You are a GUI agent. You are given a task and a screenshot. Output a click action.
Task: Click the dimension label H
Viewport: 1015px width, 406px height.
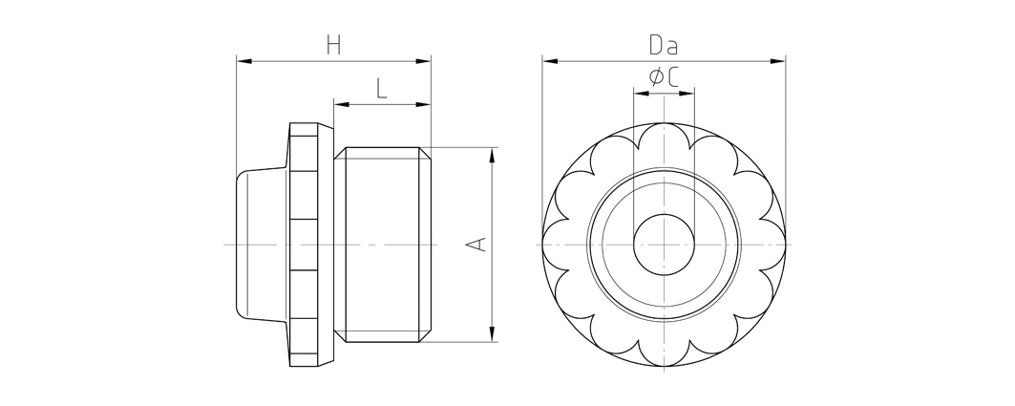coord(333,45)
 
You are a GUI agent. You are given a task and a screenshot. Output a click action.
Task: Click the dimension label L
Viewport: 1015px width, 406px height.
coord(381,88)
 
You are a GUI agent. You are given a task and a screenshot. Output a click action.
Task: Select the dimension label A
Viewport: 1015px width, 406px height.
coord(477,245)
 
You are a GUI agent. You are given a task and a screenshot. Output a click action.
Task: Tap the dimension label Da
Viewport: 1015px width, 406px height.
coord(664,45)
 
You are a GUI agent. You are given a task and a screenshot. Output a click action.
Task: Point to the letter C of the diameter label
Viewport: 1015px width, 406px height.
coord(672,77)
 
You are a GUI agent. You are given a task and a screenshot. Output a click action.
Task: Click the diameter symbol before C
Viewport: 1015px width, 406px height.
coord(656,77)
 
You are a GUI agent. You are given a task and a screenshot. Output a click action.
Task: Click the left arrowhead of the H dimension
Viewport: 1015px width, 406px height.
coord(244,61)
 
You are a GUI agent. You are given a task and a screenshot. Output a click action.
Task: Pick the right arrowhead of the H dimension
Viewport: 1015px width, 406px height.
coord(423,61)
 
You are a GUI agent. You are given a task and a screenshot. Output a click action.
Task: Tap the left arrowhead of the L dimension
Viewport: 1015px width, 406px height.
coord(342,104)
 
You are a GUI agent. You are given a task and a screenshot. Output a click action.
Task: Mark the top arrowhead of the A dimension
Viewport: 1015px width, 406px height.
coord(493,156)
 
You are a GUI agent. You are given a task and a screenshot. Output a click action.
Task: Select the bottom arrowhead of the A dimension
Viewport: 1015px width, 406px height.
coord(493,334)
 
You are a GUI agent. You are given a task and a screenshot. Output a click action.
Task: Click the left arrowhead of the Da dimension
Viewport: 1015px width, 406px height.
coord(550,61)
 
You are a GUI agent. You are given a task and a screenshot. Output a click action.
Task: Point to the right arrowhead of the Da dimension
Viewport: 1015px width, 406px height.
coord(777,61)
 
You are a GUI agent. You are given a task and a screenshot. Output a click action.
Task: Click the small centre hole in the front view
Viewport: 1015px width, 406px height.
coord(664,245)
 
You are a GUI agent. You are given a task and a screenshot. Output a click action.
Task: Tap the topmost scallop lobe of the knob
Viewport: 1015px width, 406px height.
coord(664,136)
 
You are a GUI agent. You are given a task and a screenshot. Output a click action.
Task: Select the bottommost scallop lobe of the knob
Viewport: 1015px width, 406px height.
coord(664,353)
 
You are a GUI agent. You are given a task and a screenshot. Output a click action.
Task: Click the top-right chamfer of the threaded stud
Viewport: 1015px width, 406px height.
coord(425,154)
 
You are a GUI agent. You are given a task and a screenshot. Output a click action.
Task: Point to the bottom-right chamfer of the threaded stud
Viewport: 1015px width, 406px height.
coord(425,336)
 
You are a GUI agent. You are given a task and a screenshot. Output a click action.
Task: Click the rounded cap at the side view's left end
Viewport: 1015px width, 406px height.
coord(262,245)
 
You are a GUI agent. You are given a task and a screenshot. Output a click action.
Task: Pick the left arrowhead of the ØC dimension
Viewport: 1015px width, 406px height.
coord(642,94)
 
